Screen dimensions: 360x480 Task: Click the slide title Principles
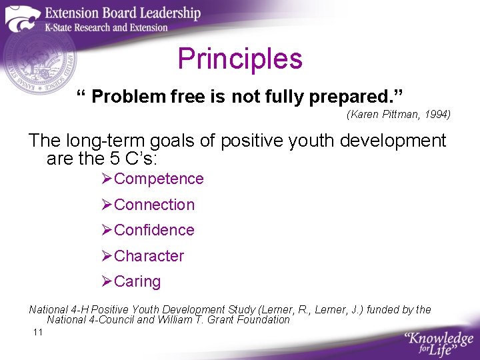(x=240, y=59)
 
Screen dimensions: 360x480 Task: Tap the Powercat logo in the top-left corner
(x=22, y=18)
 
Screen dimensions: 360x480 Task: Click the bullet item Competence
(x=159, y=179)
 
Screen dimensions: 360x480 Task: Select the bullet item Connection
(x=154, y=205)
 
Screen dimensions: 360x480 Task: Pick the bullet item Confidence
(x=154, y=230)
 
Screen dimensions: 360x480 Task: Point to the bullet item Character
(x=149, y=256)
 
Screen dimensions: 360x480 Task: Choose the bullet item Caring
(x=137, y=281)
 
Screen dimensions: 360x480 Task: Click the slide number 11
(x=37, y=332)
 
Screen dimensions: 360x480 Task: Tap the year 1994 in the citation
(x=437, y=115)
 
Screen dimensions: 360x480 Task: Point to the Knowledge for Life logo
(x=438, y=341)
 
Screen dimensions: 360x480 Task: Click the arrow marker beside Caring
(x=107, y=281)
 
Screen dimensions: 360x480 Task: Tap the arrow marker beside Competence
(x=107, y=179)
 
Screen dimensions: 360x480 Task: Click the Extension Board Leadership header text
(x=122, y=13)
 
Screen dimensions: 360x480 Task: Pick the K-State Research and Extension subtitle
(x=106, y=27)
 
